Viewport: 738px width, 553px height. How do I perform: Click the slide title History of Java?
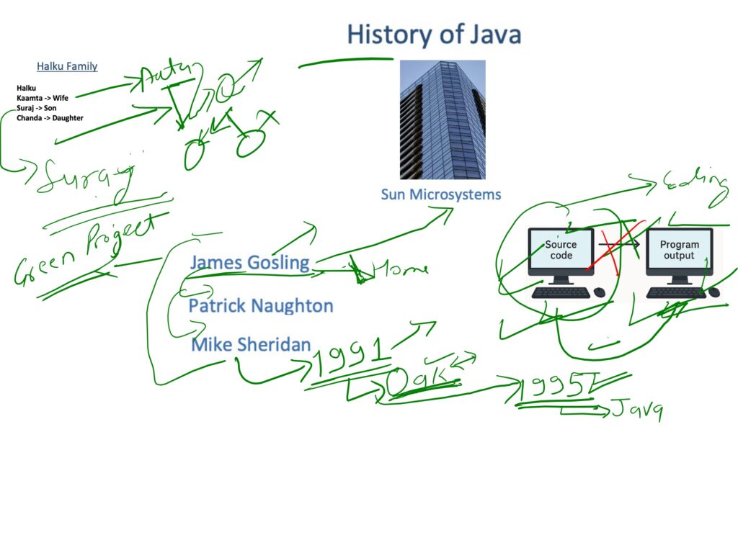click(434, 35)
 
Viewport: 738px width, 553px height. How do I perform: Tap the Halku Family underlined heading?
click(67, 66)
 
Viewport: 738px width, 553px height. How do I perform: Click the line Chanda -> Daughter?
click(50, 118)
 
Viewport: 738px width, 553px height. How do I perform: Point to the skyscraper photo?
click(442, 120)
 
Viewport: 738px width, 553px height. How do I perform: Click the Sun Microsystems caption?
click(440, 194)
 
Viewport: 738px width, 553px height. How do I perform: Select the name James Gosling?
click(249, 263)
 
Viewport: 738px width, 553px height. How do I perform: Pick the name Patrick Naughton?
click(261, 306)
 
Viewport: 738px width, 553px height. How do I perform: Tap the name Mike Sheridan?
click(251, 345)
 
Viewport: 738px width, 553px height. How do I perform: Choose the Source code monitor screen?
click(561, 250)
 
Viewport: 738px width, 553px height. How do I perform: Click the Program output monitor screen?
click(679, 250)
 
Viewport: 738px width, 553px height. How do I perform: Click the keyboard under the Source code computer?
click(561, 292)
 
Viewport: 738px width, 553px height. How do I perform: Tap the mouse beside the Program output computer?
click(714, 292)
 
